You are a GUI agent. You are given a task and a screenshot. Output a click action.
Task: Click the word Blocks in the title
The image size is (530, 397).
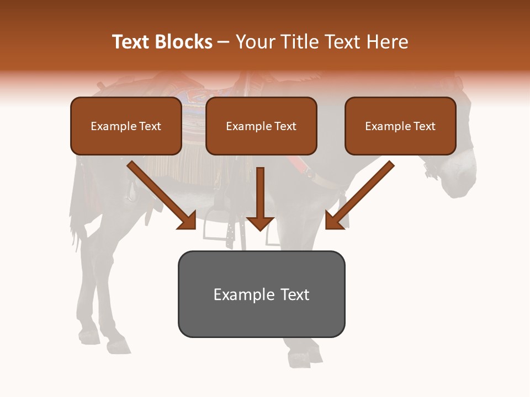(x=184, y=42)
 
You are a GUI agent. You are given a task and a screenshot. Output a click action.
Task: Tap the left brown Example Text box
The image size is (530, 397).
(x=126, y=126)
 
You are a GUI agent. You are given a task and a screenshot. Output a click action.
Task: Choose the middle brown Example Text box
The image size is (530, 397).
(x=261, y=126)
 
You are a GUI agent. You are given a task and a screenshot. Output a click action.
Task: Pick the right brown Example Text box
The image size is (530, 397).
(x=400, y=126)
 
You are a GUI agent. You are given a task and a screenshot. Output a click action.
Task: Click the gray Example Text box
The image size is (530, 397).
(x=261, y=294)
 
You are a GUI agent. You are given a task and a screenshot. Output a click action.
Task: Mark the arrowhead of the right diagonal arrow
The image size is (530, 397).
(x=335, y=221)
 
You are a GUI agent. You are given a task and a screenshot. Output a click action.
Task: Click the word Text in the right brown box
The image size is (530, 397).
(x=424, y=126)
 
